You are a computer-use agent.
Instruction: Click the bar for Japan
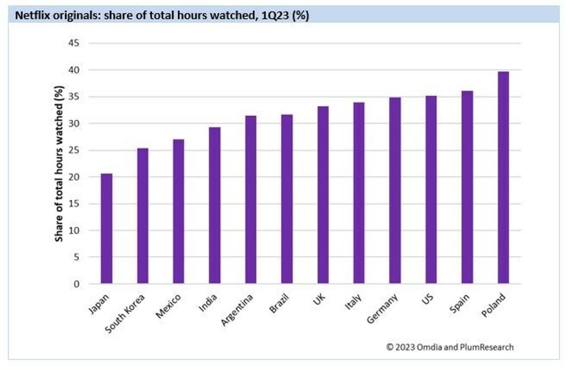tap(107, 229)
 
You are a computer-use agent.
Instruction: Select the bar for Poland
tap(503, 178)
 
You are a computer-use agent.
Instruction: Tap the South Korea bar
tap(143, 216)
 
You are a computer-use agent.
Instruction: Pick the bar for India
tap(215, 205)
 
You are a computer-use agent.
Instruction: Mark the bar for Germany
tap(395, 191)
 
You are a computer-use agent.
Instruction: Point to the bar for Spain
tap(467, 187)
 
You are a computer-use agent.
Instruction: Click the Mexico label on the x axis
tap(169, 306)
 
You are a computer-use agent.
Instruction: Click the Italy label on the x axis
tap(353, 302)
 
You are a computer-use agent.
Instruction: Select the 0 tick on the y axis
tap(77, 284)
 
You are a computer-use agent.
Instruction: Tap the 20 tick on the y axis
tap(74, 177)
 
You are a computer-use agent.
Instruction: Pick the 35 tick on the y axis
tap(74, 97)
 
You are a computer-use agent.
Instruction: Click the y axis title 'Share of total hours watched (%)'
tap(60, 164)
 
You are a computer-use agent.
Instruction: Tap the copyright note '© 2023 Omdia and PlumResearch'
tap(450, 347)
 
